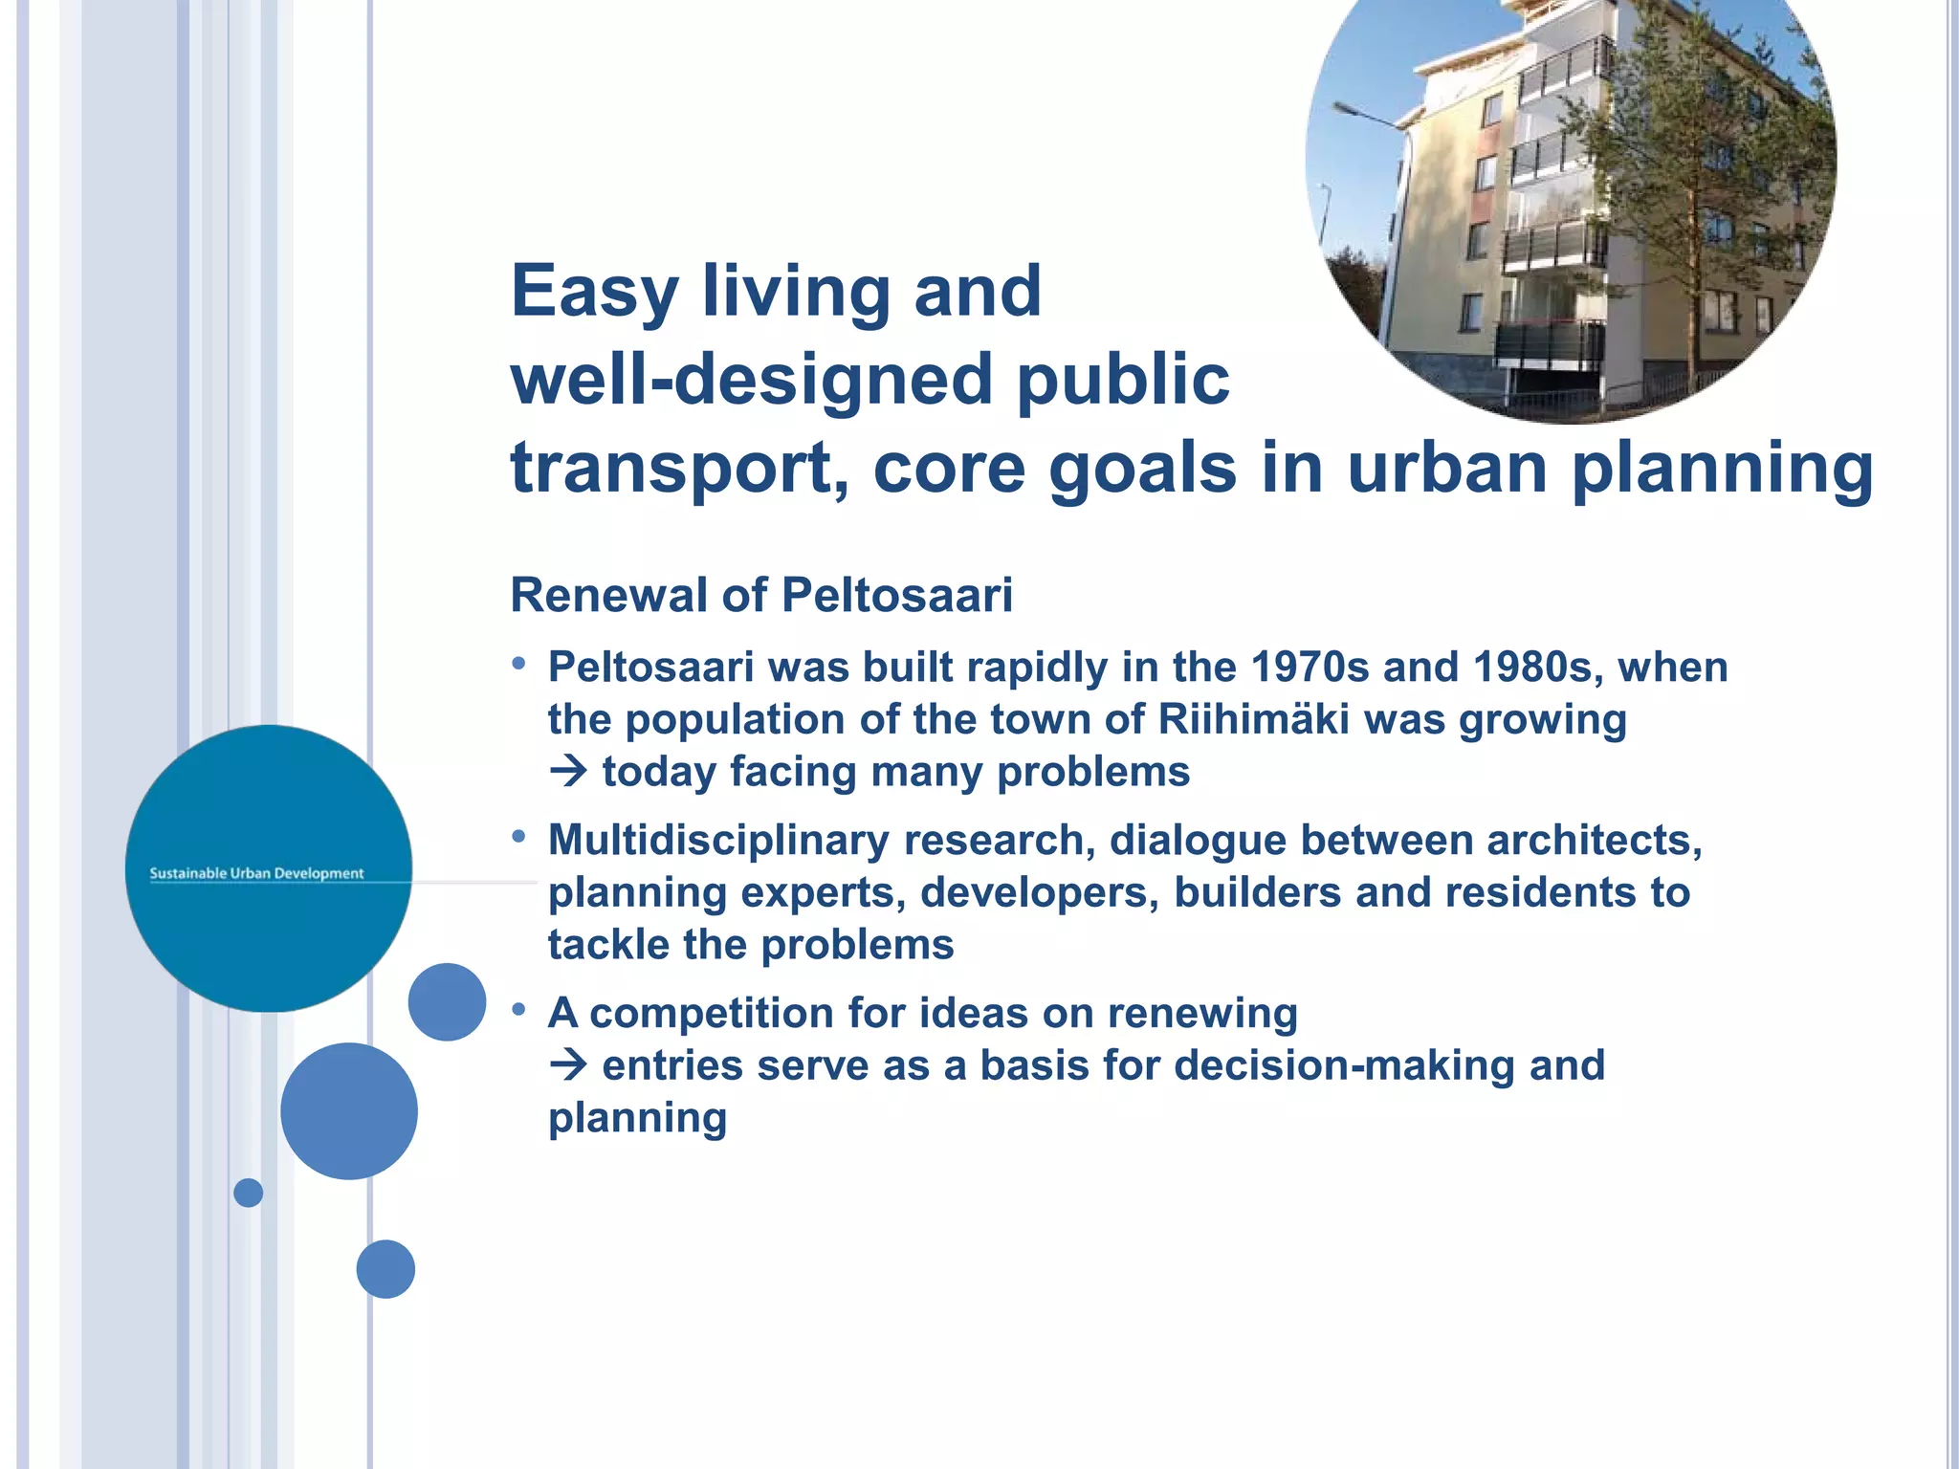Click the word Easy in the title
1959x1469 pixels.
pos(594,292)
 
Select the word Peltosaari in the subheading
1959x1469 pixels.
pos(896,595)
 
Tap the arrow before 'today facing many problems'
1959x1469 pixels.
pos(569,771)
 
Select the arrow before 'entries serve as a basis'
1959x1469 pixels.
pos(569,1064)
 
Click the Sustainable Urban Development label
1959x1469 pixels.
pos(256,873)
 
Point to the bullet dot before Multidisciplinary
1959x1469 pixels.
pos(519,837)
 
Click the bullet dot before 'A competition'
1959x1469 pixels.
pos(519,1009)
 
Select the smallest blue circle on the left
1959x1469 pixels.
pos(248,1193)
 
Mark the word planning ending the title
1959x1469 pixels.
pos(1722,469)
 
